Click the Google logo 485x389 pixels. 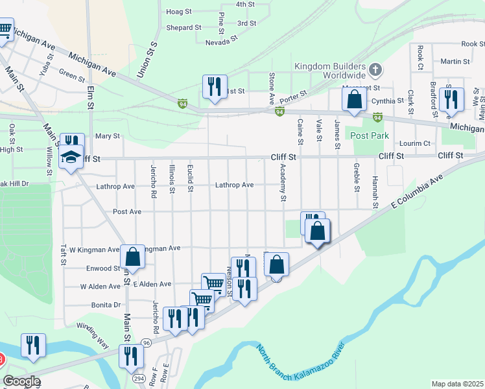[21, 381]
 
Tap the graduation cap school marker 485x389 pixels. [70, 158]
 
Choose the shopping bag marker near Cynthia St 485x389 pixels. [354, 100]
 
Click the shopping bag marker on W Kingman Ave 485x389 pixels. [132, 256]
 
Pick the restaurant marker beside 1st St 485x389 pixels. [214, 86]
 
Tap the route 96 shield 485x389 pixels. [147, 343]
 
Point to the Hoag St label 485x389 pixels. [179, 12]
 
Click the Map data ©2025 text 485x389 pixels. [457, 384]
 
